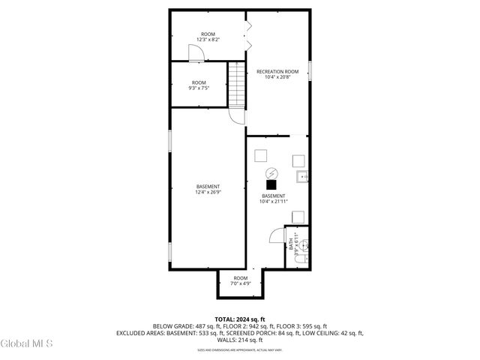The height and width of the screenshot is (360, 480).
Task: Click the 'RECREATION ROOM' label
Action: coord(277,71)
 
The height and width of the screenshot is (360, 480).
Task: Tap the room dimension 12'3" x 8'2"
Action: coord(208,39)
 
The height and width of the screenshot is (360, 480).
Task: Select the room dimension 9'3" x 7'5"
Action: coord(199,88)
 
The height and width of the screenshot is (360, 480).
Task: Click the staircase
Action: coord(237,85)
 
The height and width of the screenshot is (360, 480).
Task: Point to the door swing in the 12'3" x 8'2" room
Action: coord(194,52)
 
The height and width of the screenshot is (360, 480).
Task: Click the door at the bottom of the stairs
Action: coord(236,117)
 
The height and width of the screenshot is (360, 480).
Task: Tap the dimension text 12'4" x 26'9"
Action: coord(208,192)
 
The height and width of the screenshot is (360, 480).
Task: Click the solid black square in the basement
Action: coord(271,184)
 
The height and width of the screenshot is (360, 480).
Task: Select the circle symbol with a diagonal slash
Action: coord(273,171)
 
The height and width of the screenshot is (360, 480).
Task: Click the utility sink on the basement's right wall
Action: coord(301,177)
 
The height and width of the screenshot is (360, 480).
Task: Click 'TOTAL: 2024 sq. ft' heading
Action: coord(240,319)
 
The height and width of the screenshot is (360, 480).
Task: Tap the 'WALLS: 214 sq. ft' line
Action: coord(240,340)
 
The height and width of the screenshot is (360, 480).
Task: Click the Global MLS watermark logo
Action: coord(27,344)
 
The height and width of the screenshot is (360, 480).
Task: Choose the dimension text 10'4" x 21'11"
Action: coord(273,201)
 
